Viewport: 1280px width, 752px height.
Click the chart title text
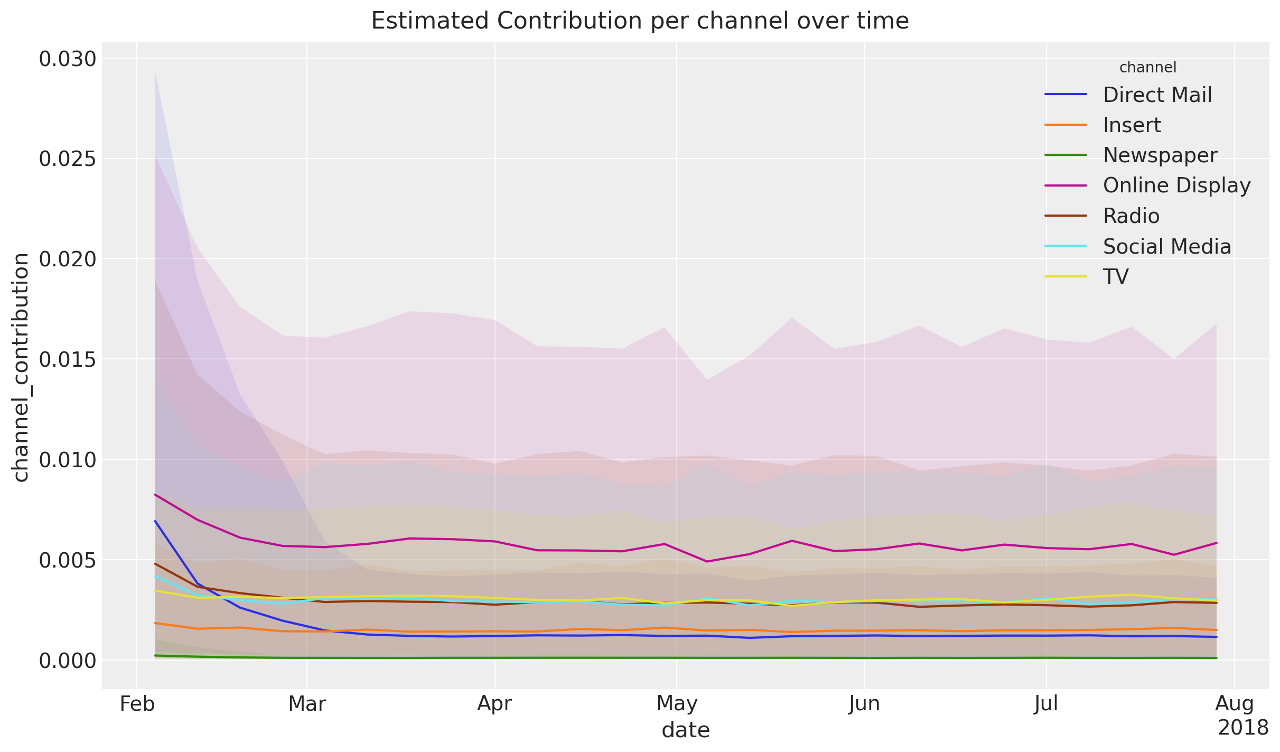(640, 21)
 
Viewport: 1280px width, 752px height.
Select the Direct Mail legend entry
(1157, 95)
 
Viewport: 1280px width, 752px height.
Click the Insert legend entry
(1132, 125)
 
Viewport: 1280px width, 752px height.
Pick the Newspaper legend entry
(1160, 155)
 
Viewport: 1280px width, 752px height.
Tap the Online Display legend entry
(1176, 185)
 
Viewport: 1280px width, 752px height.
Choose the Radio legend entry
(1131, 216)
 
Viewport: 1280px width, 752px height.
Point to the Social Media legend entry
(1167, 246)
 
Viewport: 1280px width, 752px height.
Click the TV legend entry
(1116, 276)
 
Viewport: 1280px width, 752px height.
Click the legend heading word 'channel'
(1147, 68)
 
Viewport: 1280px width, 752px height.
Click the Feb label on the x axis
(137, 704)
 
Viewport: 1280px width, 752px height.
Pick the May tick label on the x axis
(677, 704)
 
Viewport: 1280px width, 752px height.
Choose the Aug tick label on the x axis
(1234, 704)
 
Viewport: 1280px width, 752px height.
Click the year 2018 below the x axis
(1242, 728)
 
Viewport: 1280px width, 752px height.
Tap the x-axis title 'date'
(685, 730)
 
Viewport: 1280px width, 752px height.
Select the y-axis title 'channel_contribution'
(21, 367)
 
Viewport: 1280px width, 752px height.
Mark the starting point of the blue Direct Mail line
(155, 521)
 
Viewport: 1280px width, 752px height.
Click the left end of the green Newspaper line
(155, 656)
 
